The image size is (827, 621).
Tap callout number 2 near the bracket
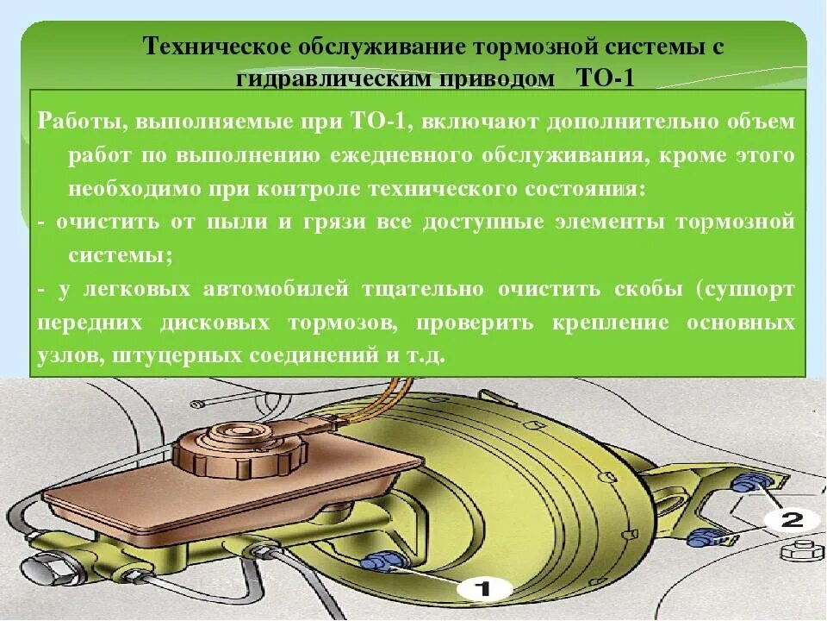tap(792, 519)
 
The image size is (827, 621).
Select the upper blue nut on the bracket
tap(743, 483)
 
